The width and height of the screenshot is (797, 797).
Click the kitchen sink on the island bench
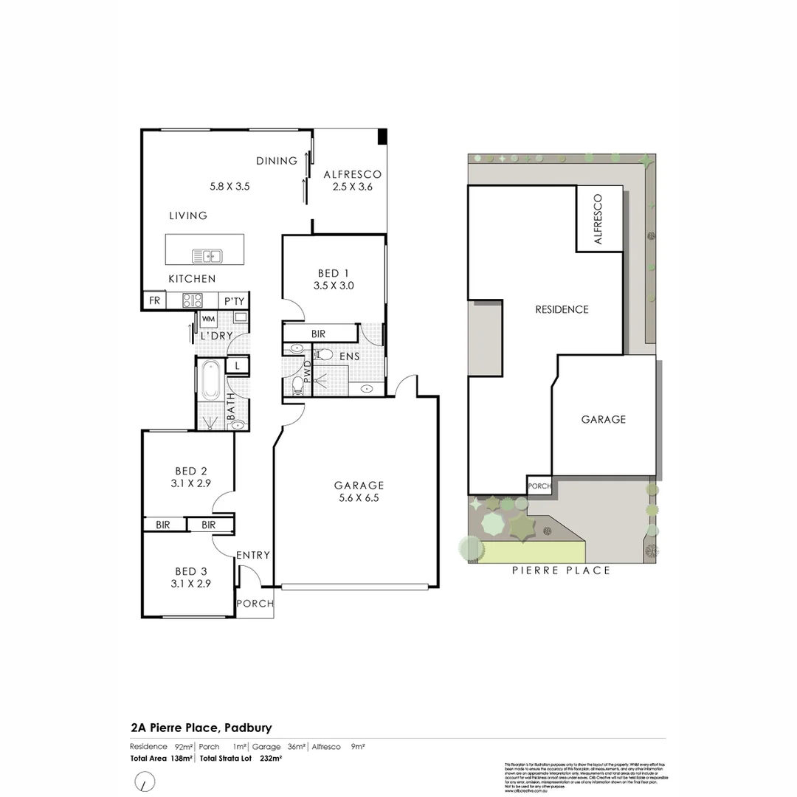point(207,256)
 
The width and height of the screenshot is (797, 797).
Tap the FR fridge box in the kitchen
point(154,300)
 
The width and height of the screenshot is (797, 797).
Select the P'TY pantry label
point(235,300)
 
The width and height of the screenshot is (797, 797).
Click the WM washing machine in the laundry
point(208,319)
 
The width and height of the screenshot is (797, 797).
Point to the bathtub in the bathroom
point(210,380)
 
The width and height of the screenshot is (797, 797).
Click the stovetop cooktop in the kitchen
point(193,300)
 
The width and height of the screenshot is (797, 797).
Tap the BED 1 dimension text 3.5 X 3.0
point(334,285)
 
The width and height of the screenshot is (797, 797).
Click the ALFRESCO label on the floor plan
point(353,174)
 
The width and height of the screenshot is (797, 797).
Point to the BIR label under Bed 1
point(318,334)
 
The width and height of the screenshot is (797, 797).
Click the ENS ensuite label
point(349,357)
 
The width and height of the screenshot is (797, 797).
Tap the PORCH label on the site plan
point(538,486)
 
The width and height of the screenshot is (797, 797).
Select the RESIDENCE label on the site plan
point(562,309)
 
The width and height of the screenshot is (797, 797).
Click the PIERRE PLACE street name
point(562,570)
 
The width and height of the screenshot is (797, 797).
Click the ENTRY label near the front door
point(253,555)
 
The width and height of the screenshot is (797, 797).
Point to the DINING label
point(277,160)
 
